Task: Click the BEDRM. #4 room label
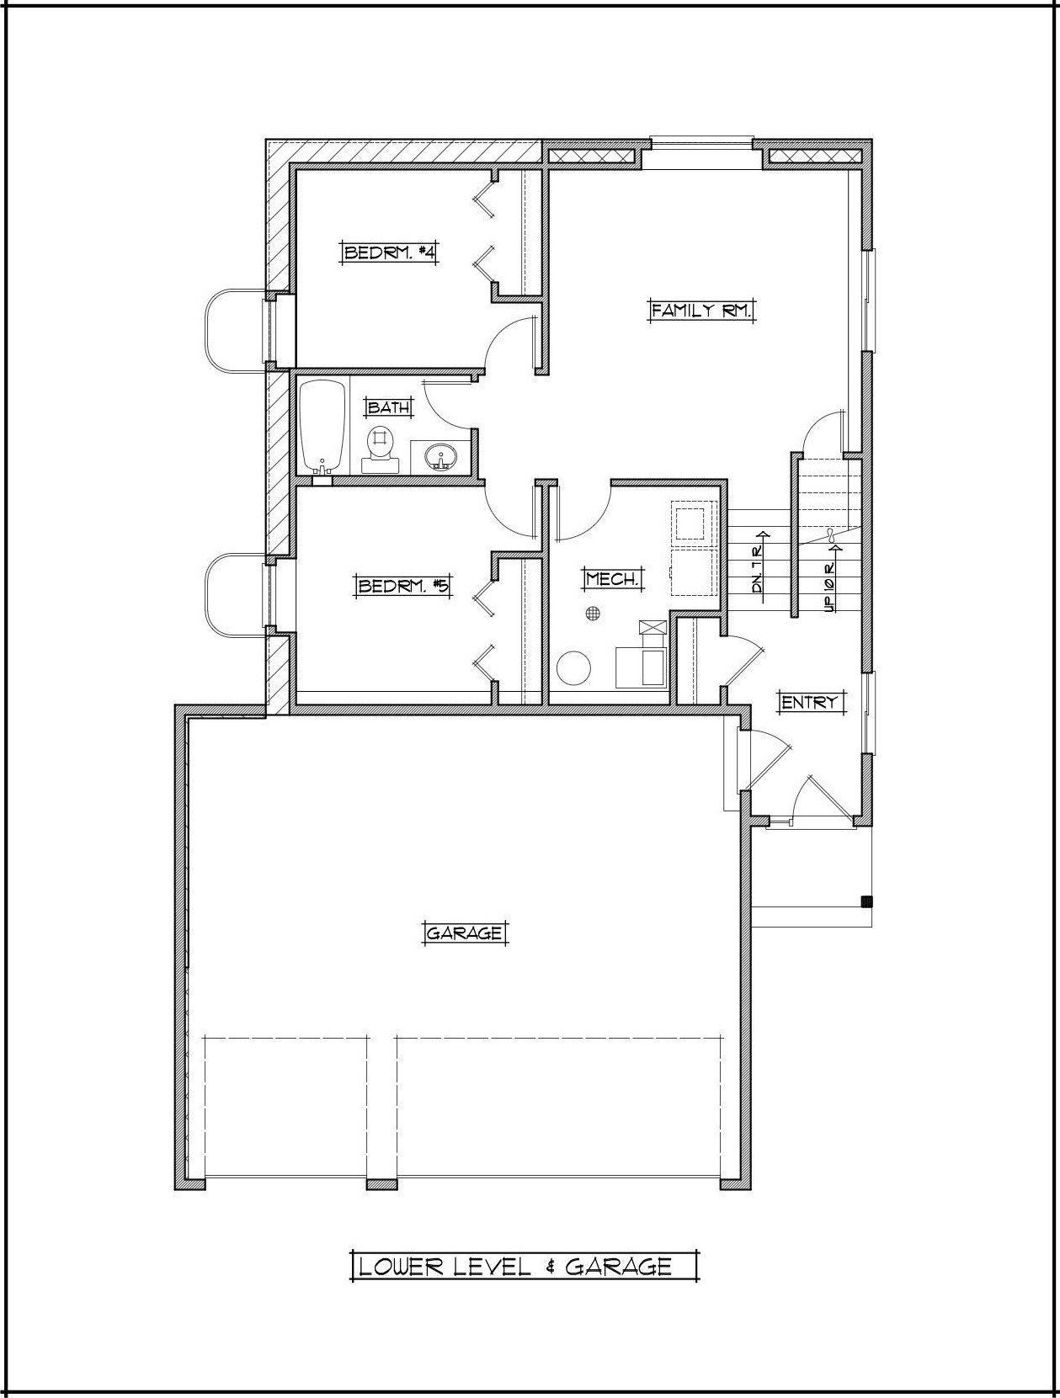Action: point(389,252)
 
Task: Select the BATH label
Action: point(388,407)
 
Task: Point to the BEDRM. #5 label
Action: point(402,585)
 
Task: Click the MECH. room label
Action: point(611,580)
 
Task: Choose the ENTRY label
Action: point(809,703)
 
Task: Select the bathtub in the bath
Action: point(323,426)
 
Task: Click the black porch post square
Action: point(866,901)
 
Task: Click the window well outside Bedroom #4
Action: point(236,330)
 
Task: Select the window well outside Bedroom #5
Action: point(236,594)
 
